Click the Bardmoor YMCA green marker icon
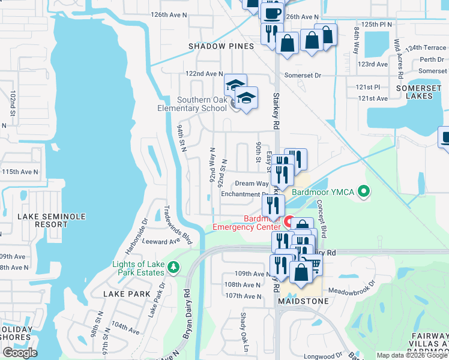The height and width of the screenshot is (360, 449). [x=363, y=192]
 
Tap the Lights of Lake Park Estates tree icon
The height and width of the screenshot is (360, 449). [x=173, y=266]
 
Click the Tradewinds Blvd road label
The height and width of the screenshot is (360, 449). [x=178, y=226]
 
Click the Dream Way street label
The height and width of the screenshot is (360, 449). [x=251, y=184]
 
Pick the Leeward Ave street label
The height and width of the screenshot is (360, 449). [x=161, y=241]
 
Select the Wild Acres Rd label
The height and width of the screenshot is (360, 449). [x=399, y=59]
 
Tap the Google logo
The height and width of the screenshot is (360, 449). [x=20, y=352]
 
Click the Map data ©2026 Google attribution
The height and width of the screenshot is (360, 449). [x=412, y=355]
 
